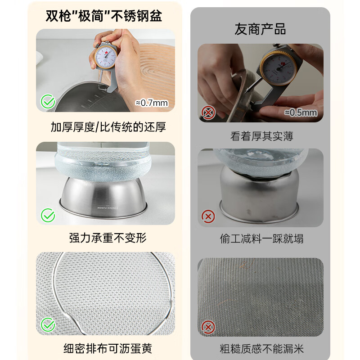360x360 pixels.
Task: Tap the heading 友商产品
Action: [260, 30]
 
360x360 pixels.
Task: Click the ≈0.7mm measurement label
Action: [152, 103]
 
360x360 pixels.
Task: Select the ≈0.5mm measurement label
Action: [301, 112]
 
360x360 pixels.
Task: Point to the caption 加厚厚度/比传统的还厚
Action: [108, 127]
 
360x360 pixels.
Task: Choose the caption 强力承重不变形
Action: [108, 238]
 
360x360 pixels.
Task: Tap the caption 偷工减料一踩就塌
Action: [261, 238]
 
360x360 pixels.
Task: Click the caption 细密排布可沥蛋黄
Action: [108, 348]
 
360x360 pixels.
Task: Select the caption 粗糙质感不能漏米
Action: [261, 348]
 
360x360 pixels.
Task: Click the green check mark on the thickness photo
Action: [48, 102]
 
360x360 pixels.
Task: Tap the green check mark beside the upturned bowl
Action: [48, 216]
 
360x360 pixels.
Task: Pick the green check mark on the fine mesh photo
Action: [48, 324]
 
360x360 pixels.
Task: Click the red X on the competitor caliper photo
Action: [208, 112]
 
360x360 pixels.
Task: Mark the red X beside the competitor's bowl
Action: [208, 216]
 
